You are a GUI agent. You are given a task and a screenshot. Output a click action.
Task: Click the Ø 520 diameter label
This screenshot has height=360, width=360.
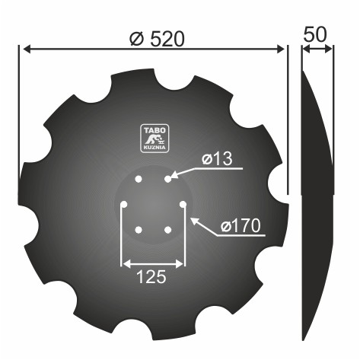coord(157,39)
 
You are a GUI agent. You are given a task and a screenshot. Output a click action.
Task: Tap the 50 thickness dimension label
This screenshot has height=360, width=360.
coord(315,34)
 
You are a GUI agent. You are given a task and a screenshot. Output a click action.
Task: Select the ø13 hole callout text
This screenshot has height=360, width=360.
coord(217,159)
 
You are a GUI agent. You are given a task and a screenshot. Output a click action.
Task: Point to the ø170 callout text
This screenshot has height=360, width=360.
coord(241,226)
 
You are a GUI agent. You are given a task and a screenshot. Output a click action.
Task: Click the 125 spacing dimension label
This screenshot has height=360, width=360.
coord(151,276)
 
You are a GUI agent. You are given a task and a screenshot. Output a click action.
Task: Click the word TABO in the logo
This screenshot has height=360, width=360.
coord(155,130)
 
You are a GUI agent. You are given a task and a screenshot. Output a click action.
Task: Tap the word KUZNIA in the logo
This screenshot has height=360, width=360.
coord(155,148)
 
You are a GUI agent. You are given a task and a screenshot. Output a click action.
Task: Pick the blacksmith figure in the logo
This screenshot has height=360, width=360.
coord(155,139)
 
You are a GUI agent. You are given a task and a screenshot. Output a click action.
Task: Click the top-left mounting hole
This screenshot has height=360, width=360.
coord(139,179)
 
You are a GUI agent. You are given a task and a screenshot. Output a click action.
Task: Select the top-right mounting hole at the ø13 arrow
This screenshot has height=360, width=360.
coord(167,179)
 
